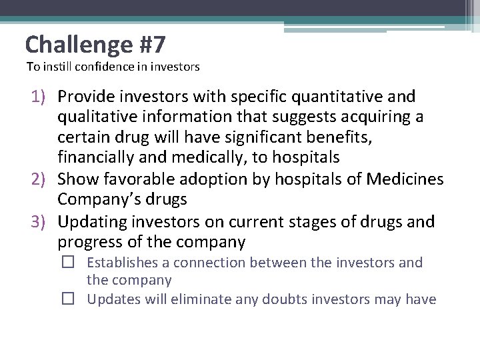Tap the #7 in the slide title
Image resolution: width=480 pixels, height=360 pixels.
coord(152,45)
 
